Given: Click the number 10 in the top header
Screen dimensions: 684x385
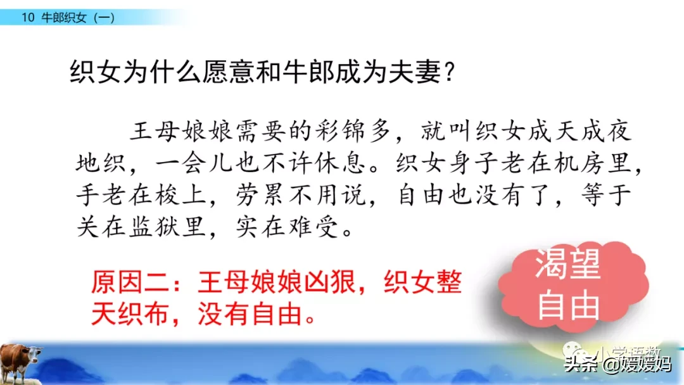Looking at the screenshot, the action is (x=28, y=18).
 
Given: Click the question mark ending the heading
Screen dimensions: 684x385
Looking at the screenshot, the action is (x=450, y=72).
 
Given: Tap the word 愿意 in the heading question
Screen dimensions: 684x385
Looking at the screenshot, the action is (x=228, y=72).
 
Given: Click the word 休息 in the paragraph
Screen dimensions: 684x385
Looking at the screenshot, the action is (x=339, y=163).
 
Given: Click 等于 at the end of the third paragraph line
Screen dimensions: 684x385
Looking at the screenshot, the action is (x=606, y=194).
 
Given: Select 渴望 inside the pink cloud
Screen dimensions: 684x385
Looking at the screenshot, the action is (x=568, y=264).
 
